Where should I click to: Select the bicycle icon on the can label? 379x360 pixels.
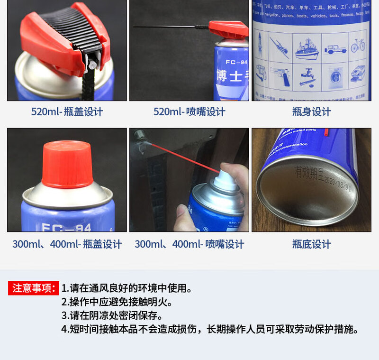point(358,46)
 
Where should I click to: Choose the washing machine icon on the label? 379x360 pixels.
point(335,76)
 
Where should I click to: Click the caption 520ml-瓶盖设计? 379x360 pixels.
point(67,112)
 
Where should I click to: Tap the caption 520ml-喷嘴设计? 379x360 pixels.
point(189,112)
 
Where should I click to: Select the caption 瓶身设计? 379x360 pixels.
point(311,112)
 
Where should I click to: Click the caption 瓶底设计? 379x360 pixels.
point(311,244)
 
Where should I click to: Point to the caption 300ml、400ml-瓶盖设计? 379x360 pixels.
point(67,244)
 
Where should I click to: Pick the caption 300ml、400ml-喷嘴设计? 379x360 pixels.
point(189,244)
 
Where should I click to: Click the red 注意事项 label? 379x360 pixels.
point(33,288)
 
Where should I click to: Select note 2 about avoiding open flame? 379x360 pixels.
point(117,302)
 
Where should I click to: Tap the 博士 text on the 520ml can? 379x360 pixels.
point(230,77)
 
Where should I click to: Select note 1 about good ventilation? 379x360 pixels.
point(126,288)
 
